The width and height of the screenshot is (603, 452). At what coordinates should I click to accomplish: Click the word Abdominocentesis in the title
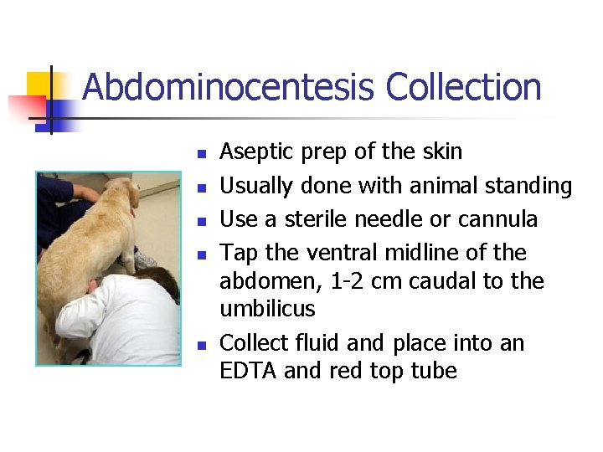229,88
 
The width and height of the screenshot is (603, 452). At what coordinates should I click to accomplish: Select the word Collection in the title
463,88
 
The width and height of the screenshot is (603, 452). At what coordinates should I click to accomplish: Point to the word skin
441,152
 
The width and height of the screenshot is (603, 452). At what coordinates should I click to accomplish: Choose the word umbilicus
267,309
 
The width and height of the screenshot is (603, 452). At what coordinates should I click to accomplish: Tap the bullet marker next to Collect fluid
200,346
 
